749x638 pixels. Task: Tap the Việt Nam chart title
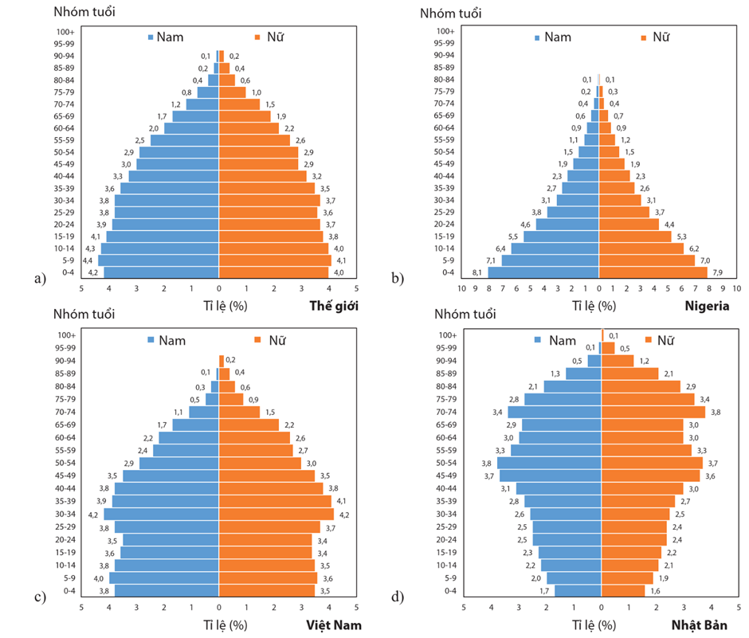(x=328, y=624)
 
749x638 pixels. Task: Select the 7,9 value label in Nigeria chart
(x=717, y=272)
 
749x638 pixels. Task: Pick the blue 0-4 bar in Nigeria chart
(x=543, y=272)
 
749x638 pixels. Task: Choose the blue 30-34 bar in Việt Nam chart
(x=161, y=514)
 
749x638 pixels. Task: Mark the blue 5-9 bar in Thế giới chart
(x=159, y=260)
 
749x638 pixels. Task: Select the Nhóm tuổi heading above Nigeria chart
(x=451, y=13)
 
